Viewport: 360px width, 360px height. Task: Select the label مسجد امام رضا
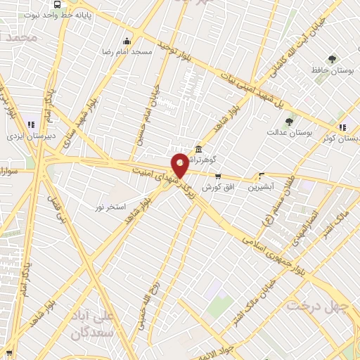coord(127,53)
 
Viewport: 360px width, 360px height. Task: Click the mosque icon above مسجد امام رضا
coord(127,41)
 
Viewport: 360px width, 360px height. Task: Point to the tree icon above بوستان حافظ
coord(332,60)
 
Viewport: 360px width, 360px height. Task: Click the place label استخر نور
coord(111,207)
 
